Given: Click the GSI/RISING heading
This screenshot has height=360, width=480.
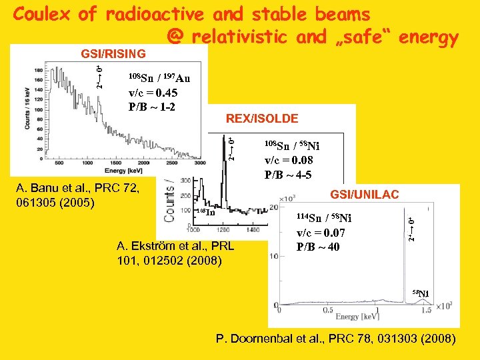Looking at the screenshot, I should tap(113, 53).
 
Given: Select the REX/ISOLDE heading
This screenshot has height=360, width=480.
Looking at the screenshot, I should tap(262, 119).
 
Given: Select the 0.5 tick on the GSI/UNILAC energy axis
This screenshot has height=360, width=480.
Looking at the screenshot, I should tap(328, 310).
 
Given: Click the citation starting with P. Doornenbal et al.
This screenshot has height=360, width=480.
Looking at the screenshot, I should tap(336, 339).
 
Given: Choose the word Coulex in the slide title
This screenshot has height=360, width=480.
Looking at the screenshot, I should tap(42, 14).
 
